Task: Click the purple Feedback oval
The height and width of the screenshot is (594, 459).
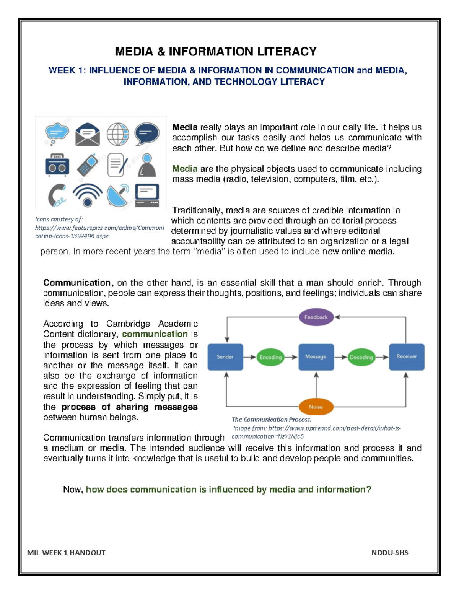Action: tap(316, 317)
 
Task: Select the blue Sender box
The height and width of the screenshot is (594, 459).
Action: tap(225, 357)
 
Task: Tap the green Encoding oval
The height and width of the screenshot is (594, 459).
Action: tap(270, 357)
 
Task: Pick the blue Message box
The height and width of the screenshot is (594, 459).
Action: tap(316, 357)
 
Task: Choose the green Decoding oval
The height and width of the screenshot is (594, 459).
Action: tap(361, 357)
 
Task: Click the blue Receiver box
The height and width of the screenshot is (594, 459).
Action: tap(407, 357)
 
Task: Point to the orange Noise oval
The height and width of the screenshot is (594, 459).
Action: tap(316, 407)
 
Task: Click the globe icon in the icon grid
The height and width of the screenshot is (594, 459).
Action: tap(117, 134)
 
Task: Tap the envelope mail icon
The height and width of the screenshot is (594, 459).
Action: tap(88, 134)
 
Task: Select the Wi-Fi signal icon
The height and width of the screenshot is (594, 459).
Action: tap(88, 195)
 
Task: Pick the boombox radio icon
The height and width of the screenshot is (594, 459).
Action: tap(57, 165)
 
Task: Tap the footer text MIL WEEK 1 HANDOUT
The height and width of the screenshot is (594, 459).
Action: tap(66, 553)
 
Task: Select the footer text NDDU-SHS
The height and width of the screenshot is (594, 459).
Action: tap(390, 553)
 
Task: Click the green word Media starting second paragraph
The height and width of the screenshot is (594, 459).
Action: tap(185, 169)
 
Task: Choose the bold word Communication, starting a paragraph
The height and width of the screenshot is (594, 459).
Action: tap(78, 283)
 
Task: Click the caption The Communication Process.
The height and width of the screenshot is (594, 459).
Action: tap(272, 420)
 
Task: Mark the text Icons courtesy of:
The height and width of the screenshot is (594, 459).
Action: tap(59, 220)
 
